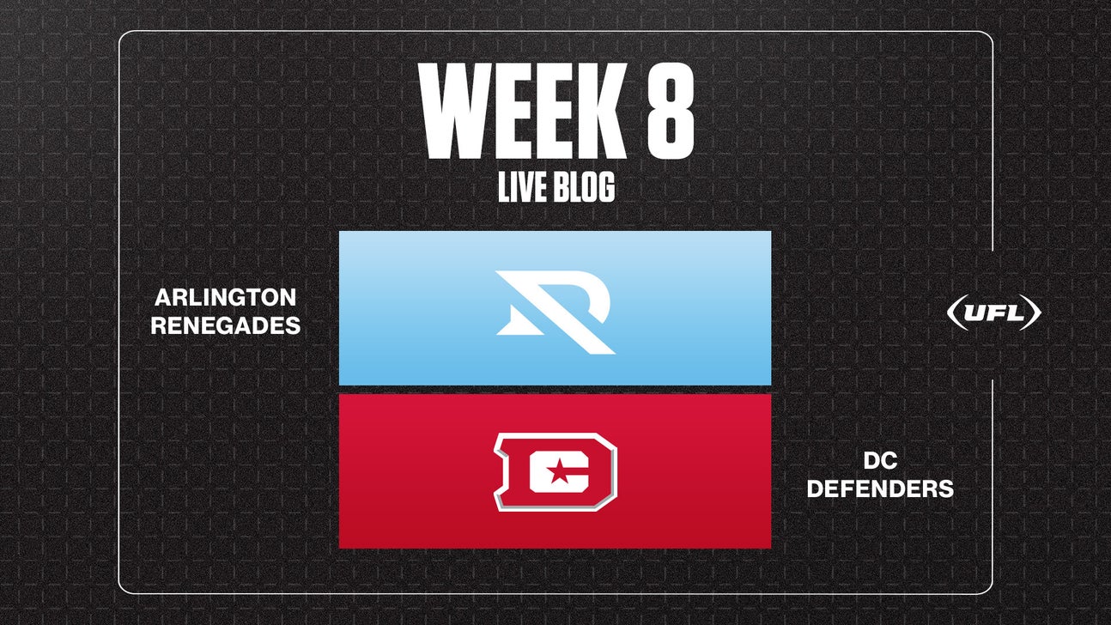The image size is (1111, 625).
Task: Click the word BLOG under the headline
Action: tap(583, 188)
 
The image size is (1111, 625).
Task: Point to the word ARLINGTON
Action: tap(226, 298)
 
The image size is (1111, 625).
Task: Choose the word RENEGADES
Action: tap(226, 326)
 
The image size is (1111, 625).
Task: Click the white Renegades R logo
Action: tap(555, 312)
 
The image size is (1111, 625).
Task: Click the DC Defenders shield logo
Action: tap(555, 471)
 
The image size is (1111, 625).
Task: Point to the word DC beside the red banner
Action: tap(879, 460)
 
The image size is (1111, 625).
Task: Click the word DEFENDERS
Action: tap(879, 488)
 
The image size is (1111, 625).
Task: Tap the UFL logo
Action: tap(993, 313)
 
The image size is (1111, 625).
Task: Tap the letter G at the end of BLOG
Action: tap(605, 188)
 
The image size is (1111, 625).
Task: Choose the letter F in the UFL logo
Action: tap(994, 313)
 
